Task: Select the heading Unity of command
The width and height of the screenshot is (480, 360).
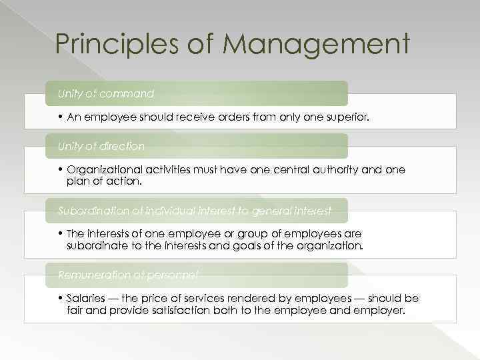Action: (x=105, y=94)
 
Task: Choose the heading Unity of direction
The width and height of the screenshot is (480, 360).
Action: (x=101, y=146)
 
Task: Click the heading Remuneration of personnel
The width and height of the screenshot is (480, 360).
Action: (x=128, y=275)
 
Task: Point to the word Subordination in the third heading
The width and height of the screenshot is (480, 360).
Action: (x=91, y=211)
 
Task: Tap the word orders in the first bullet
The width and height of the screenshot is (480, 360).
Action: (x=233, y=117)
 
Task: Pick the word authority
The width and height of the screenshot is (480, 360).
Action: (x=327, y=170)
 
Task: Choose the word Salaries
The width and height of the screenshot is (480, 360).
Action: (x=88, y=299)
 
